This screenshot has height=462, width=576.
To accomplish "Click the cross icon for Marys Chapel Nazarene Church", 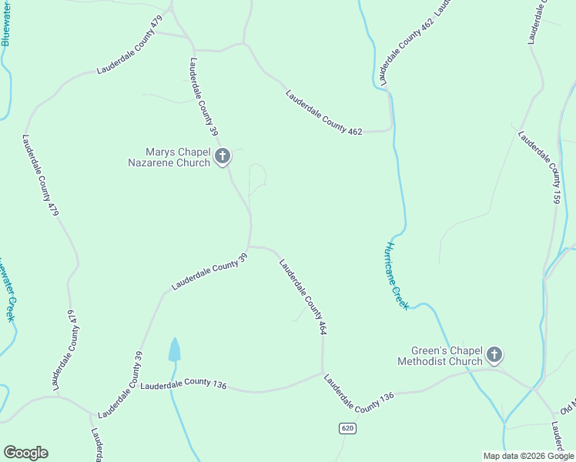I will click(x=222, y=157).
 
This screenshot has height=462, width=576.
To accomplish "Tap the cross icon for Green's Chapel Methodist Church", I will click(x=494, y=355).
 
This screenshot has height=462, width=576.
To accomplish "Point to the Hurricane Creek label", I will click(x=396, y=276).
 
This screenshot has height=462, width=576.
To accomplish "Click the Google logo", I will click(x=25, y=453).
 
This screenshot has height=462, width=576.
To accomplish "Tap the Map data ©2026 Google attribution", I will click(x=528, y=456).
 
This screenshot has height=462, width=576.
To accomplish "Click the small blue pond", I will click(x=175, y=350).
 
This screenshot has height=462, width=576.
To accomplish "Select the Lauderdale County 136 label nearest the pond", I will click(x=183, y=383).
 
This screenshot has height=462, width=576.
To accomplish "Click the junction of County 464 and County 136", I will click(x=322, y=373).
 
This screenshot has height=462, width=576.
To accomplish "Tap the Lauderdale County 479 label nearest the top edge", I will click(x=129, y=47).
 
